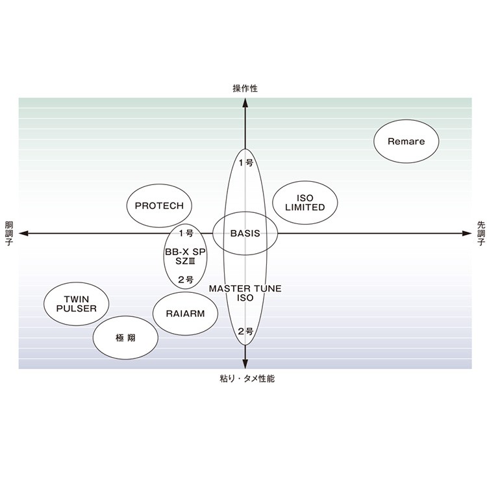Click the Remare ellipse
point(406,142)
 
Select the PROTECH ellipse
point(159,206)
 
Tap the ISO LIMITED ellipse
point(305,203)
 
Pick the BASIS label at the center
point(245,233)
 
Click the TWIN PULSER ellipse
point(76,304)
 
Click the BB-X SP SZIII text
point(186,255)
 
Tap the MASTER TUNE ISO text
point(245,293)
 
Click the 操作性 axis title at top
point(245,88)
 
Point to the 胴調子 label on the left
point(8,233)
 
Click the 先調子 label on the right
point(481,233)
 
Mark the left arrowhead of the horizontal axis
point(23,233)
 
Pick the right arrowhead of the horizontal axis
point(466,233)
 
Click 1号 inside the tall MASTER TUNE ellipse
point(245,163)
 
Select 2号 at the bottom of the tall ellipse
point(245,331)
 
